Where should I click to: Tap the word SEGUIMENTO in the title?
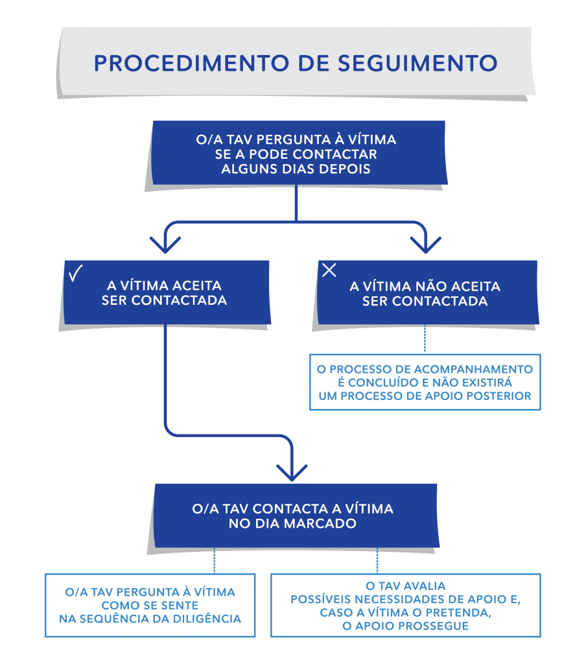[417, 64]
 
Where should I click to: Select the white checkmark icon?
[76, 273]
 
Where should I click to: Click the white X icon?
[329, 270]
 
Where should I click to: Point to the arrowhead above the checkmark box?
[165, 244]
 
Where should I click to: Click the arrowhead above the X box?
[425, 244]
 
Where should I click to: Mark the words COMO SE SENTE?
[150, 606]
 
